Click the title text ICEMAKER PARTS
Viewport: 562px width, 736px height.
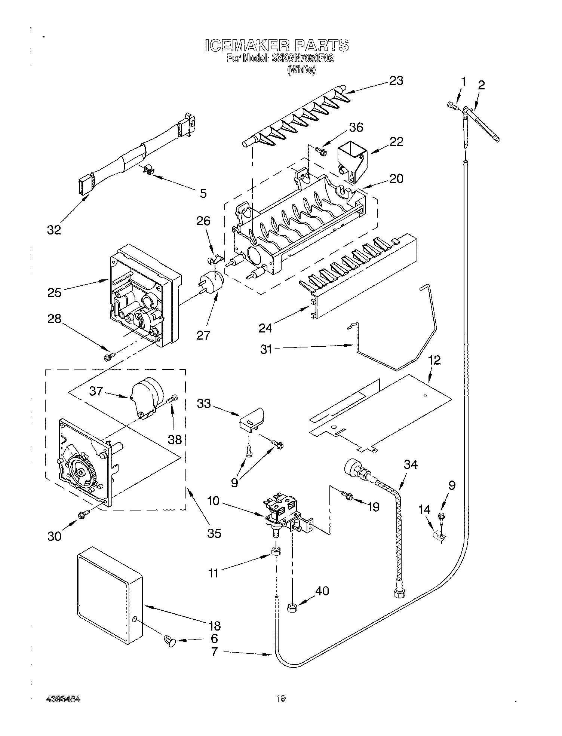(x=277, y=45)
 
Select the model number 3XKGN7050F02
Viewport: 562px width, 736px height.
(x=302, y=58)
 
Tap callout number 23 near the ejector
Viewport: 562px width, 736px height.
(x=396, y=81)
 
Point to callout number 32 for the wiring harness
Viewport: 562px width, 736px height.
(x=54, y=230)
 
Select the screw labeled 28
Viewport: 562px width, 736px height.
(x=108, y=357)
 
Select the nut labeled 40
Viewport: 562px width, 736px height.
(x=292, y=608)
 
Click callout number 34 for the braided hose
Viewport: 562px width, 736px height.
(x=411, y=464)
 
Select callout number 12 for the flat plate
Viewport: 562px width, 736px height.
(x=434, y=360)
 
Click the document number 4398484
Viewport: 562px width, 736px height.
(x=63, y=699)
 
